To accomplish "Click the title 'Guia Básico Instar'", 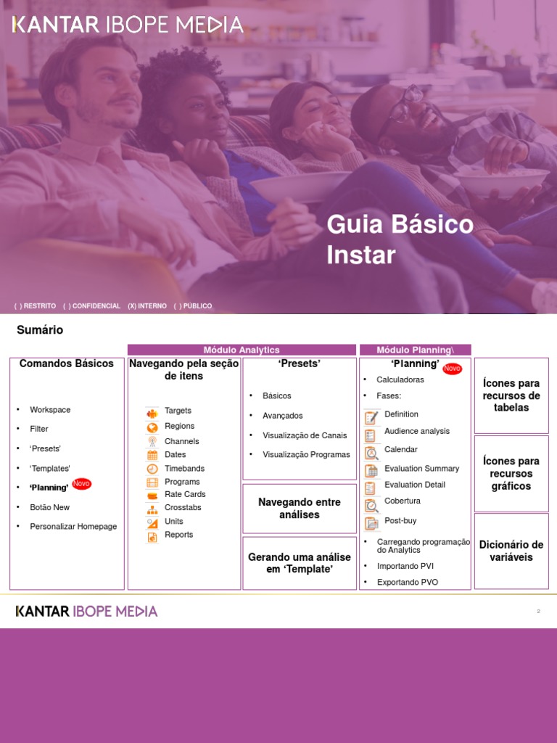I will tap(400, 239).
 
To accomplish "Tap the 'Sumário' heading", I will tap(40, 330).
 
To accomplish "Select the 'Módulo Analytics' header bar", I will tap(242, 350).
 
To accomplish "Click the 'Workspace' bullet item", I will tap(50, 410).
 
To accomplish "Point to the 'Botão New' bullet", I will tap(50, 507).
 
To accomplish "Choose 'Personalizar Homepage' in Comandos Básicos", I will tap(73, 527).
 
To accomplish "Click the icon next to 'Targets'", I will tap(152, 414).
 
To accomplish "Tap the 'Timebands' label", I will tap(184, 469).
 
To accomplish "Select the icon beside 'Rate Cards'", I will tap(152, 496).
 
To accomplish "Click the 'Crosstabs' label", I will tap(183, 508).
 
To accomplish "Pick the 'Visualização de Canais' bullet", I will tap(305, 435).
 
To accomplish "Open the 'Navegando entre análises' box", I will tap(300, 509).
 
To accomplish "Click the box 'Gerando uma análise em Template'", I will tap(300, 563).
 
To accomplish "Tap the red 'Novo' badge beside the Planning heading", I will tap(452, 369).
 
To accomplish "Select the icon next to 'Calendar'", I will tap(371, 453).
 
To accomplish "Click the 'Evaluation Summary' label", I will tap(421, 469).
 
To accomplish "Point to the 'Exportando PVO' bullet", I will tap(408, 583).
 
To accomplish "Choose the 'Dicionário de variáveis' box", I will tap(511, 551).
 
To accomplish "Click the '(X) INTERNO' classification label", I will tap(147, 306).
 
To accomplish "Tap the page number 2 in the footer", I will tap(539, 612).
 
